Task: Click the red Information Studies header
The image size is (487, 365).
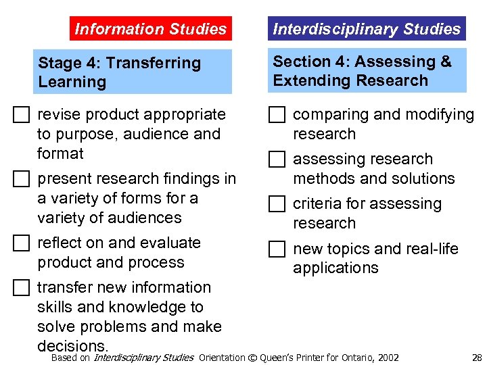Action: pyautogui.click(x=150, y=29)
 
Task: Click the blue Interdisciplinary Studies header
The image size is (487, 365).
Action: pyautogui.click(x=367, y=29)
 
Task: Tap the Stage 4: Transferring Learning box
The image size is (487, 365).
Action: pyautogui.click(x=135, y=72)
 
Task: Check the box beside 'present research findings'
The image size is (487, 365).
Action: pyautogui.click(x=22, y=180)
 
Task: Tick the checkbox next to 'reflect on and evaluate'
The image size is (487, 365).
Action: pyautogui.click(x=22, y=244)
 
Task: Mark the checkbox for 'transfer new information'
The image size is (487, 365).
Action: pyautogui.click(x=22, y=289)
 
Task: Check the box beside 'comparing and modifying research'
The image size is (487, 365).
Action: pyautogui.click(x=277, y=116)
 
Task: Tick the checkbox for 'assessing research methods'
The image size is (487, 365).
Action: pyautogui.click(x=277, y=160)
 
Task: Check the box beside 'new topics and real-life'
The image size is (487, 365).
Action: pyautogui.click(x=277, y=250)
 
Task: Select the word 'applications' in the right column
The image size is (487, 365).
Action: pyautogui.click(x=335, y=268)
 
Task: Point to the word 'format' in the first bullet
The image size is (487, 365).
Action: pyautogui.click(x=61, y=153)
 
